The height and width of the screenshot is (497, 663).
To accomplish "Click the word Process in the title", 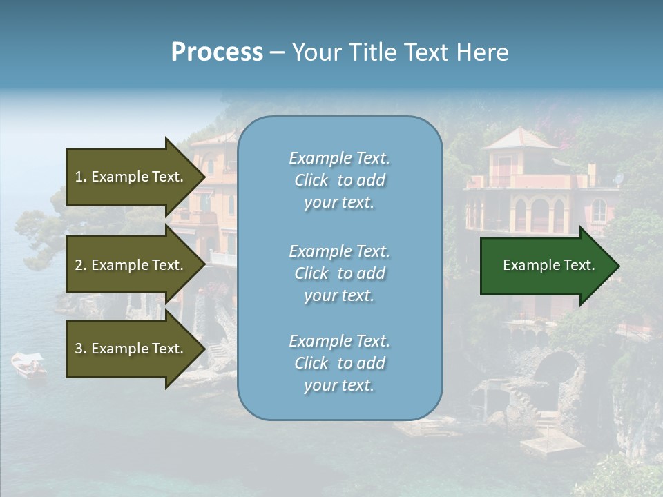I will [217, 52].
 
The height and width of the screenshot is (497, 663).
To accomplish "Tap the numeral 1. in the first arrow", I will [81, 177].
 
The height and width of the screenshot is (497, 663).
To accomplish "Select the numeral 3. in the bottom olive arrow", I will [81, 349].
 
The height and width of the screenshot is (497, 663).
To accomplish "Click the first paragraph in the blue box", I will [339, 180].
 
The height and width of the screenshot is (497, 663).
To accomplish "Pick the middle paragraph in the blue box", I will [339, 273].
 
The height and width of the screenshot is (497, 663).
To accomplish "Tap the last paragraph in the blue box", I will [339, 363].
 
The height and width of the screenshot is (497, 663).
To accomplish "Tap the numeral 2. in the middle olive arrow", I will [81, 265].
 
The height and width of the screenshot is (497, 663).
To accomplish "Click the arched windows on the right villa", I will [539, 214].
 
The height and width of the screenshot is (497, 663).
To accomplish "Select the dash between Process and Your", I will [277, 52].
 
